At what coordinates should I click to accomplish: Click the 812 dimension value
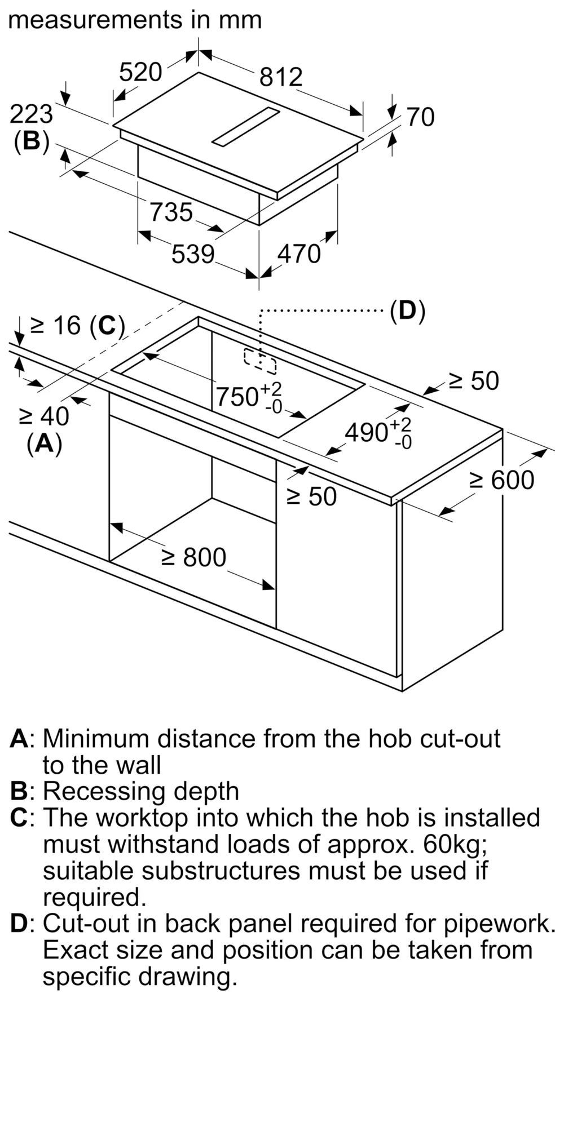click(281, 77)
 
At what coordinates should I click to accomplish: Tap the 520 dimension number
click(140, 72)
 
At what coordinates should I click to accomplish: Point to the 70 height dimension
click(421, 117)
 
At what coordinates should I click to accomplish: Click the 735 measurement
click(171, 212)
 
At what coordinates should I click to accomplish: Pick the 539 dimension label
click(193, 254)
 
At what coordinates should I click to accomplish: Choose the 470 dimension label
click(299, 254)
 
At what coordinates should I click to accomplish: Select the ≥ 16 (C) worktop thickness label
click(77, 325)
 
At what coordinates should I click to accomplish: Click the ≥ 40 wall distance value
click(44, 416)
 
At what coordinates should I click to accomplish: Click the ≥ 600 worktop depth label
click(502, 480)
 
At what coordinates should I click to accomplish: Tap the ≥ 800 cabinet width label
click(193, 557)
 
